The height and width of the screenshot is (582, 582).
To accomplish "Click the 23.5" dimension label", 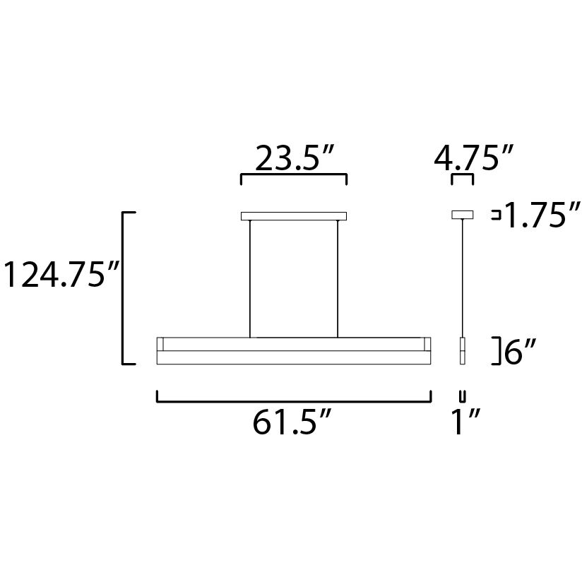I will click(294, 158).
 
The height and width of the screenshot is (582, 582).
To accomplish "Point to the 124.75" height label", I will click(59, 275).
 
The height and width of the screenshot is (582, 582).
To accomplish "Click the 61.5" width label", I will click(292, 424).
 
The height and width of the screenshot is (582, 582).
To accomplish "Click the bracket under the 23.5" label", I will click(294, 174).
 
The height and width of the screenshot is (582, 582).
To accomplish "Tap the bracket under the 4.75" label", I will click(463, 174).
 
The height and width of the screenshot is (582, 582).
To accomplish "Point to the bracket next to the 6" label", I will click(497, 351).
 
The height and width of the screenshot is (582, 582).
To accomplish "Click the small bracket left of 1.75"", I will click(497, 215).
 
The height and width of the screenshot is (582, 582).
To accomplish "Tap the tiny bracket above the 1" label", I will click(463, 394).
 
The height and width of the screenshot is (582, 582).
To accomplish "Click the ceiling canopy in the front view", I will click(294, 216).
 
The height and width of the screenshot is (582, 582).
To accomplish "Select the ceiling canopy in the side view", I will click(463, 214).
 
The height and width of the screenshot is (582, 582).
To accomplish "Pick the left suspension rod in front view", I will click(250, 279).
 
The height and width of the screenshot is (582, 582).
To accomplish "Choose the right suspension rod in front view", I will click(338, 279).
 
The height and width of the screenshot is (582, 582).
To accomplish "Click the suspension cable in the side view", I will click(463, 279).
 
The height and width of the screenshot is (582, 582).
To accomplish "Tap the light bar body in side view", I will click(463, 351).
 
